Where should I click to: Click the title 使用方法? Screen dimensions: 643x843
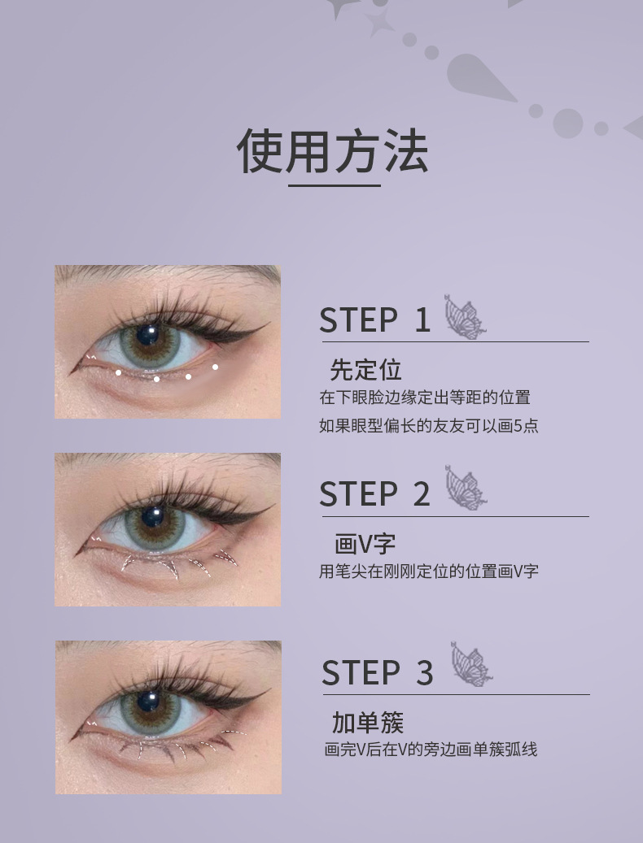click(333, 151)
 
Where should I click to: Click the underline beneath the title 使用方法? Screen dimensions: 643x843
click(335, 185)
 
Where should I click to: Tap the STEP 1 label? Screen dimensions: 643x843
click(374, 320)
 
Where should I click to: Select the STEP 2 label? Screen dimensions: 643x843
click(374, 494)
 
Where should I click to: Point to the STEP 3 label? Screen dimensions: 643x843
click(377, 672)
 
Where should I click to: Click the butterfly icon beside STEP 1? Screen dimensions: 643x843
click(465, 317)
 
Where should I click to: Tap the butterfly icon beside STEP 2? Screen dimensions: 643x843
click(466, 488)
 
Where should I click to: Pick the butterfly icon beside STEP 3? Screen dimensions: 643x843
click(470, 664)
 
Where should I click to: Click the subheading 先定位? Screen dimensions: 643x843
click(366, 370)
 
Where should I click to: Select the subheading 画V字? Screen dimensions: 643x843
click(365, 544)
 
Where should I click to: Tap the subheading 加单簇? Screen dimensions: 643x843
click(368, 723)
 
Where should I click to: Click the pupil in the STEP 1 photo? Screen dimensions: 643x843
click(147, 334)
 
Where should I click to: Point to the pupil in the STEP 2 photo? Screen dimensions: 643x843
click(153, 517)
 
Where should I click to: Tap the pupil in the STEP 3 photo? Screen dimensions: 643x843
click(148, 701)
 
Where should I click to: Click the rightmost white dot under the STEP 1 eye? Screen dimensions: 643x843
click(215, 367)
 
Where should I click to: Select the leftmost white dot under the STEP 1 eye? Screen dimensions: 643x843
click(118, 372)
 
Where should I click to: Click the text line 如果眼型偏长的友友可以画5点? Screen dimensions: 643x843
click(429, 426)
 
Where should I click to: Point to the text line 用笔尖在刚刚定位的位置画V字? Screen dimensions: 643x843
click(429, 571)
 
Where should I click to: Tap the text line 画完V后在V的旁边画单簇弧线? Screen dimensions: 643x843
click(431, 749)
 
